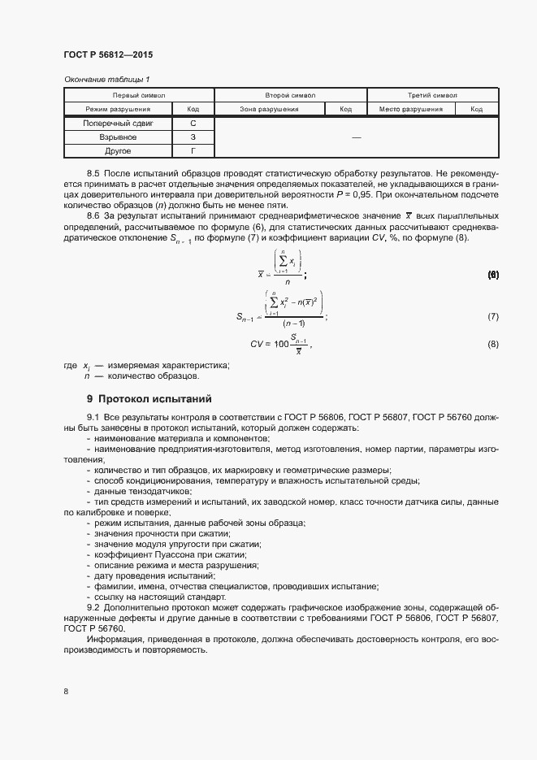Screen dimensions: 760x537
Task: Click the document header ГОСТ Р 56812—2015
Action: click(x=108, y=54)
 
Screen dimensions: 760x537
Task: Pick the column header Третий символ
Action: click(x=432, y=95)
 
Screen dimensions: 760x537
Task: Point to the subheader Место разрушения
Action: click(x=411, y=109)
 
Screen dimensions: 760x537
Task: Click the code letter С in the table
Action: click(x=193, y=124)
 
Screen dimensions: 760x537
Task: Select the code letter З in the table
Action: click(x=193, y=137)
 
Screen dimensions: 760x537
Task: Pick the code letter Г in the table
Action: click(x=193, y=151)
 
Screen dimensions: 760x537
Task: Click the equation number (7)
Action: click(x=492, y=316)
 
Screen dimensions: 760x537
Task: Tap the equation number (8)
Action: click(x=492, y=345)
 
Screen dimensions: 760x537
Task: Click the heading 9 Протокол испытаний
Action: click(x=149, y=399)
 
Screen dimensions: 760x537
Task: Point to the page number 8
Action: click(x=66, y=691)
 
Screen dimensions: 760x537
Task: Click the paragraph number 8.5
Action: click(x=93, y=174)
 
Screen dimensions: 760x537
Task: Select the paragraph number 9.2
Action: click(x=93, y=608)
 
